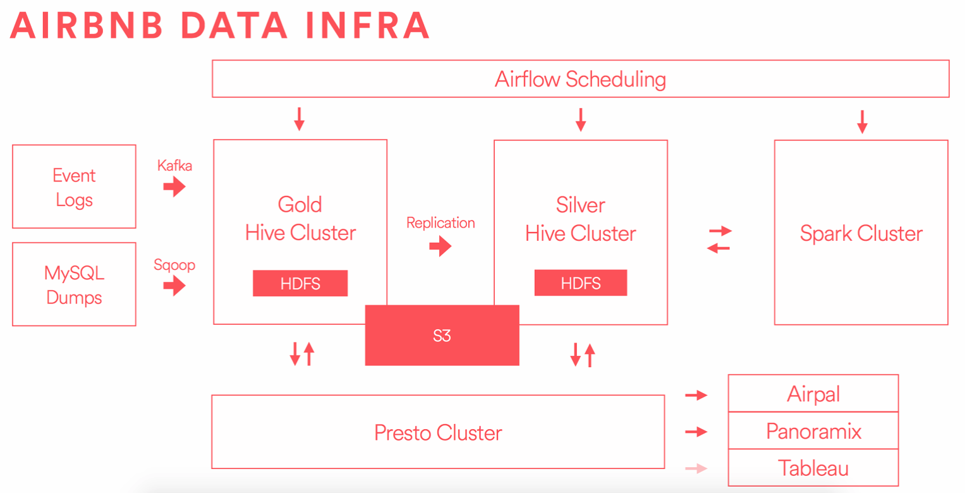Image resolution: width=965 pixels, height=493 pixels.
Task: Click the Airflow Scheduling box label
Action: point(580,80)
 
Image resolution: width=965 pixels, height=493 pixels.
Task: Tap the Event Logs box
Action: point(74,187)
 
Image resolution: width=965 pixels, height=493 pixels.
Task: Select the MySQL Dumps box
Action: point(74,284)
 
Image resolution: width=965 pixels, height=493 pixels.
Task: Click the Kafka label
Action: point(174,166)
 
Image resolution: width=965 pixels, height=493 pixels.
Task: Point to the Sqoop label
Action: point(174,265)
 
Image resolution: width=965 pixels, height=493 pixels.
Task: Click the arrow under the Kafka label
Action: point(174,186)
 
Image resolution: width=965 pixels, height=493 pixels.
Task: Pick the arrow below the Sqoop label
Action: point(174,286)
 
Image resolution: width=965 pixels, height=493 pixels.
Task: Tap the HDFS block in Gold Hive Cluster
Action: point(300,284)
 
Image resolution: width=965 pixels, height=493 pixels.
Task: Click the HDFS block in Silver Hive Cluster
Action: point(580,283)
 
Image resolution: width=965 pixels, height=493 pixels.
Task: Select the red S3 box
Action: point(442,336)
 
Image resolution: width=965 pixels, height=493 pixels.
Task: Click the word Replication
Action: point(440,222)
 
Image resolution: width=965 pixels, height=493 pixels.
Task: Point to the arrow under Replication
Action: point(440,246)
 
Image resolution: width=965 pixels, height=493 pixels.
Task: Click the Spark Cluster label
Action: point(861,233)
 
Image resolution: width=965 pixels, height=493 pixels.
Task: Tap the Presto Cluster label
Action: point(438,433)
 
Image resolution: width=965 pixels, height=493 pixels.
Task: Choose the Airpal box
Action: point(813,394)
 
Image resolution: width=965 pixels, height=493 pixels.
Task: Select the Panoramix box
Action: point(813,431)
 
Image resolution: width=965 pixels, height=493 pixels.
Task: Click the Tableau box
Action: point(813,468)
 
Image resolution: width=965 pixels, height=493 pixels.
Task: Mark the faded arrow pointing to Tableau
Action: point(696,468)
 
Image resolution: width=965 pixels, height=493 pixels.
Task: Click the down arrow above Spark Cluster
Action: point(862,121)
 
